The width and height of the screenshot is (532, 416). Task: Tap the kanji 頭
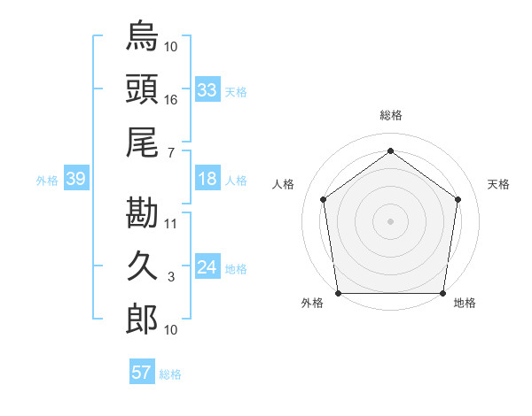(x=142, y=89)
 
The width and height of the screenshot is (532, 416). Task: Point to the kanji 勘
(x=142, y=212)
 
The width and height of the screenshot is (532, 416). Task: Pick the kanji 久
(x=142, y=266)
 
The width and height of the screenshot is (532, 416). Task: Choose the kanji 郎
(x=142, y=320)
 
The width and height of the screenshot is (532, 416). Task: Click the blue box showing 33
(x=207, y=90)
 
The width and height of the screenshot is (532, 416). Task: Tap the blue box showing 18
(x=207, y=179)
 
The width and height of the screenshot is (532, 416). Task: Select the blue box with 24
(x=207, y=267)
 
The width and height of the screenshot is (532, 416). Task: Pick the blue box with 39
(x=75, y=180)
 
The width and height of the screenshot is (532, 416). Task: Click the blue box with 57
(x=141, y=373)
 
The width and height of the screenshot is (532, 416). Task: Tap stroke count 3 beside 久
(x=171, y=277)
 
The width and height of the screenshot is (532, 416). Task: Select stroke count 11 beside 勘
(x=171, y=223)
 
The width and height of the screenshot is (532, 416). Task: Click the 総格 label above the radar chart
(x=391, y=115)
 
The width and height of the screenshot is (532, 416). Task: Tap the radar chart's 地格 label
(x=465, y=303)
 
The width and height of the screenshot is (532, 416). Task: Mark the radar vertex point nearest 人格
(x=324, y=199)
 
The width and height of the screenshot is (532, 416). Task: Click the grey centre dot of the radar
(x=391, y=220)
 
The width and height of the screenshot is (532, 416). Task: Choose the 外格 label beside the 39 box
(x=47, y=181)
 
